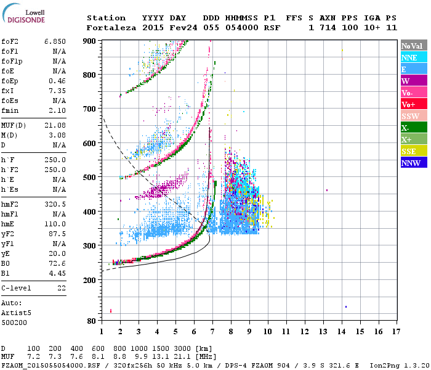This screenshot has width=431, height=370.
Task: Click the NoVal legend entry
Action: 412,46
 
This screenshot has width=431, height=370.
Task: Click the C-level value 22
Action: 62,288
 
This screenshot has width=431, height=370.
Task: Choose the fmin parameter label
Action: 10,110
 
